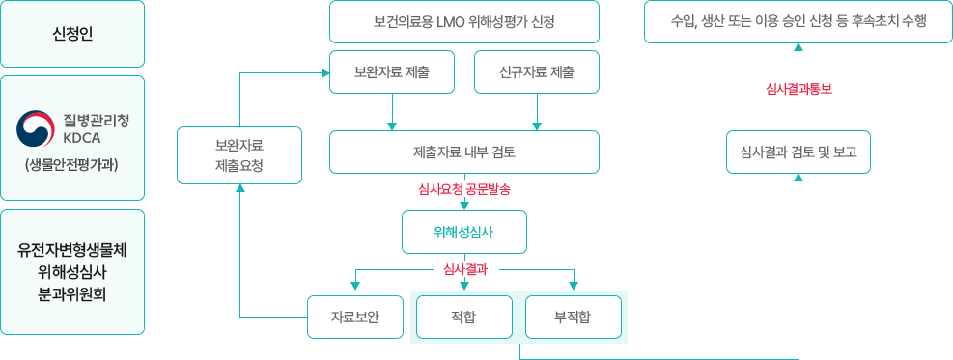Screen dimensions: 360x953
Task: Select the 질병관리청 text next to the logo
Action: [96, 121]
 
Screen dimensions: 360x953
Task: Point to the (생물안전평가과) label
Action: [72, 164]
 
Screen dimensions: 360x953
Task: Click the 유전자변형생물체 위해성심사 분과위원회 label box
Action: [72, 272]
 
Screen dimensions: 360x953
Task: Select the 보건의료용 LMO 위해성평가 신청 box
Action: [463, 21]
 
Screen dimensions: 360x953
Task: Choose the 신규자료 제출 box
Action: [537, 71]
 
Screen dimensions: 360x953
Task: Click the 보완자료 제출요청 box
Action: [238, 155]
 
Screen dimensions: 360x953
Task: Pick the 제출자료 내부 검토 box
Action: [463, 152]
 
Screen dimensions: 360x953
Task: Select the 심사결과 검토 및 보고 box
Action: [798, 152]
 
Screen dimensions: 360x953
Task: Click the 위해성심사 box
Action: [463, 232]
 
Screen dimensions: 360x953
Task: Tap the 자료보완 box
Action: [354, 317]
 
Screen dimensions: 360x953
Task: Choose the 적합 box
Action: [463, 317]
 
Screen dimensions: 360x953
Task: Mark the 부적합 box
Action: [573, 317]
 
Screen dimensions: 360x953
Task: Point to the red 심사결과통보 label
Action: [798, 89]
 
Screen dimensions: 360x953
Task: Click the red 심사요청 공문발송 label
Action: [463, 190]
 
